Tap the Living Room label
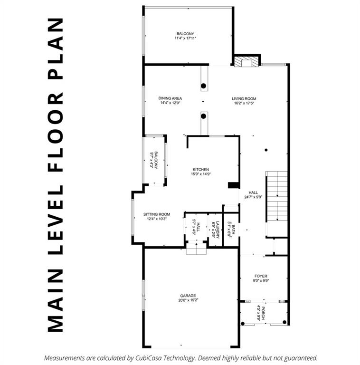[x=244, y=98]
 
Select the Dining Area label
[x=170, y=98]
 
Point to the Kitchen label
[x=200, y=170]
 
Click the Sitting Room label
[x=157, y=214]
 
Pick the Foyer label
[x=261, y=276]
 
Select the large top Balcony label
[x=185, y=34]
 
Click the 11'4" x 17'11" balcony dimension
[x=185, y=38]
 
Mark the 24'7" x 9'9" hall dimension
[x=253, y=197]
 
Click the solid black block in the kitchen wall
[x=233, y=185]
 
